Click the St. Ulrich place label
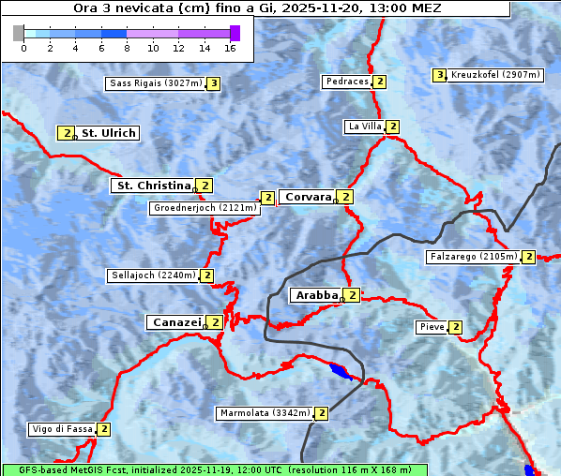point(109,133)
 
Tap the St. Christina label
point(151,186)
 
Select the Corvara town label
point(308,197)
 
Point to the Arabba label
point(316,295)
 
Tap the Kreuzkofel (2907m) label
point(495,75)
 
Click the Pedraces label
point(346,82)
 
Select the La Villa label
point(364,126)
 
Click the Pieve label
point(432,327)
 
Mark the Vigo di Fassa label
point(63,429)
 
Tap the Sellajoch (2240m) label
point(153,275)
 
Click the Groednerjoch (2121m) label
point(205,207)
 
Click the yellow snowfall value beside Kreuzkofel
point(438,75)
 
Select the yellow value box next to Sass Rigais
point(214,83)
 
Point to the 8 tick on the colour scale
point(127,48)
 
